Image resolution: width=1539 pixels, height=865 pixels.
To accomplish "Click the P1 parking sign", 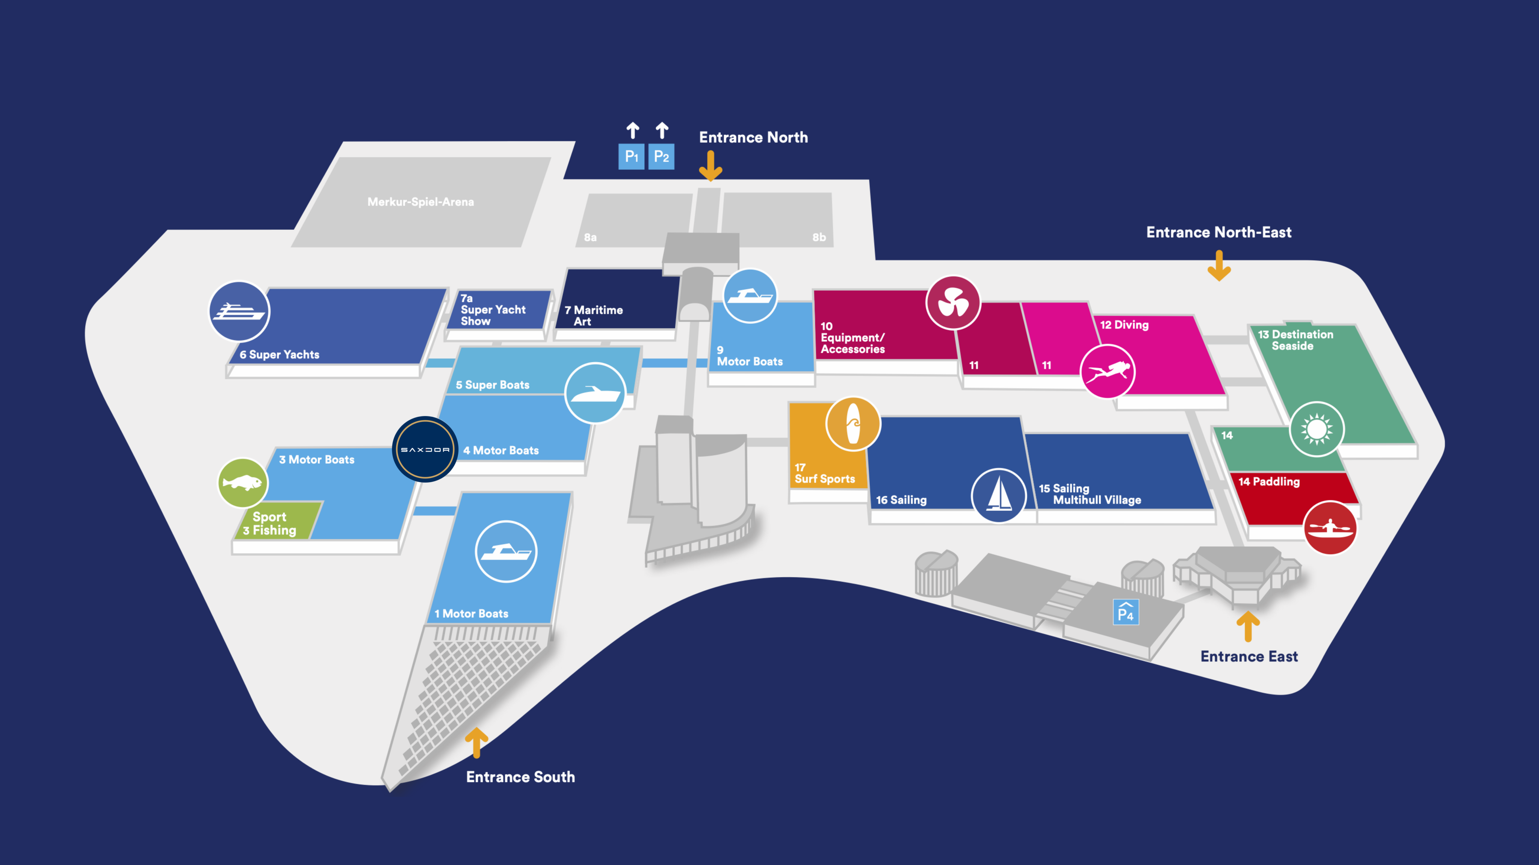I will [x=631, y=157].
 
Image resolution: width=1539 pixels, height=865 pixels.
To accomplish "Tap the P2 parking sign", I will [x=661, y=157].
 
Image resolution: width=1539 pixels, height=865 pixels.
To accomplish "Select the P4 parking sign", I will [x=1126, y=612].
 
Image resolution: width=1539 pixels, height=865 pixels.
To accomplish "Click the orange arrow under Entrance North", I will [x=711, y=166].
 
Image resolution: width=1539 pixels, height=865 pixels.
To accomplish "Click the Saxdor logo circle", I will [x=425, y=449].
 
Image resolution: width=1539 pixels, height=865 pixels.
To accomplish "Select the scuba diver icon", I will [x=1108, y=371].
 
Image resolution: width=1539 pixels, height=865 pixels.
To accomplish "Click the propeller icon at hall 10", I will [x=953, y=302].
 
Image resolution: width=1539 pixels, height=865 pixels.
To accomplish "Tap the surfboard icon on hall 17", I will [x=853, y=424].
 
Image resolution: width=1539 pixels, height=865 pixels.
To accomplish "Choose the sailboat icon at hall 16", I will [x=998, y=495].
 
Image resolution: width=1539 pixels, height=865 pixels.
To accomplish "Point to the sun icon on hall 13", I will [x=1317, y=429].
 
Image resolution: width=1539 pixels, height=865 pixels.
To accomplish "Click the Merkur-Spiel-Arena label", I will [x=420, y=202].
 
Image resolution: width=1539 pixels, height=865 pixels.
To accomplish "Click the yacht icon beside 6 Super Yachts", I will [x=239, y=311].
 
